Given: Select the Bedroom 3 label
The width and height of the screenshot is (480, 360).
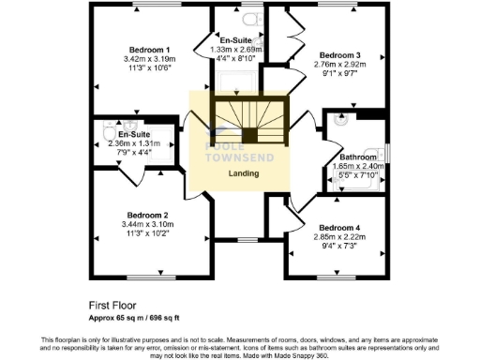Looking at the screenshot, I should [x=340, y=54].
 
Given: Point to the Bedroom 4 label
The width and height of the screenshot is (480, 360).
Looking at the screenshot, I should [x=339, y=228].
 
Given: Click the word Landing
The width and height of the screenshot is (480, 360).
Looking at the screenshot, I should [x=244, y=173].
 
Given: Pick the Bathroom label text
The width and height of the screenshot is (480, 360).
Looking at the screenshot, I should [x=358, y=157].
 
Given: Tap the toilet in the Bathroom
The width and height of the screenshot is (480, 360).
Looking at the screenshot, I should [x=338, y=119].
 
